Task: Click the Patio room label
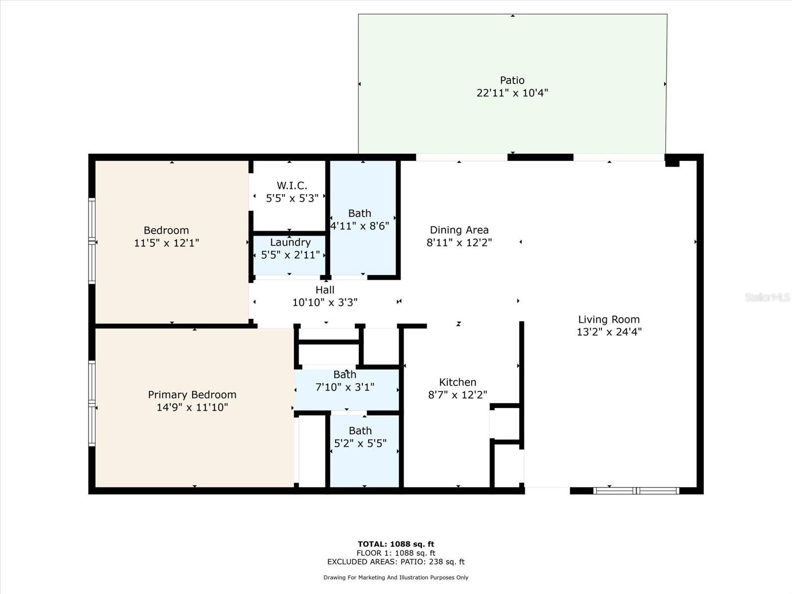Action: point(512,80)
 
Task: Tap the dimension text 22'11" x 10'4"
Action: point(512,93)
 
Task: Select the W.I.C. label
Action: point(292,186)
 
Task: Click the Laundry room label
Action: point(290,243)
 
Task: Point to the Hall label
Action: point(325,290)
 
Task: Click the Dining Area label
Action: point(459,230)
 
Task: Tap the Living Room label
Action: point(609,320)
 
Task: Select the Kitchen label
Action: point(457,382)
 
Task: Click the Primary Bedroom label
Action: point(192,395)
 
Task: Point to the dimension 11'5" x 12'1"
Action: point(166,243)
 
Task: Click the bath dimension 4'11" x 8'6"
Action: point(360,226)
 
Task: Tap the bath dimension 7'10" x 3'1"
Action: point(345,387)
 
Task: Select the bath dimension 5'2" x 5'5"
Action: point(360,444)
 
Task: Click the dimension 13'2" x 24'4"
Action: point(609,332)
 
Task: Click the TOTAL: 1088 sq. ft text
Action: point(396,544)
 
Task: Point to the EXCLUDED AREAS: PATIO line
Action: point(396,562)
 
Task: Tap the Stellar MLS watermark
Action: point(767,297)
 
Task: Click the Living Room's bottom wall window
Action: point(636,491)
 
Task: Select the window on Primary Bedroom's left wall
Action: point(92,403)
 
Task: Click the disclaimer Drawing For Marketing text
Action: point(396,578)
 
